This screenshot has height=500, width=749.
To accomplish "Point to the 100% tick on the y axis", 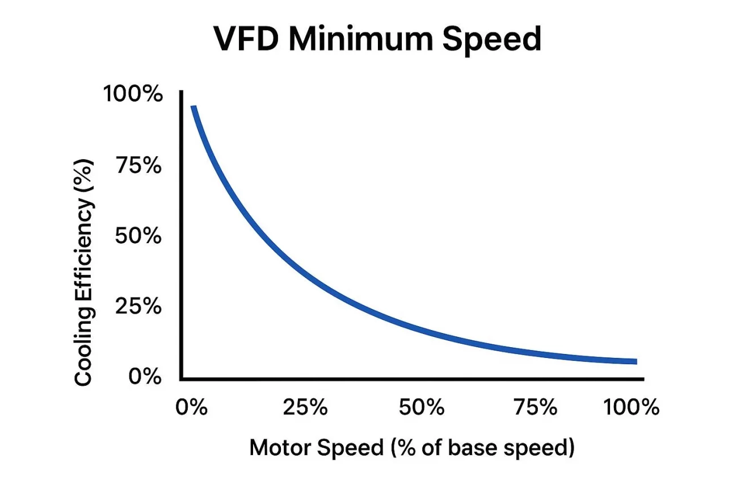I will (132, 94).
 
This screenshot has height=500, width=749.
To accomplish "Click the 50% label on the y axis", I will (138, 236).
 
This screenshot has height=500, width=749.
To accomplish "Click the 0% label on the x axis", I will (192, 408).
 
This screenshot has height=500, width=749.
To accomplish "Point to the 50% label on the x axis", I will (420, 408).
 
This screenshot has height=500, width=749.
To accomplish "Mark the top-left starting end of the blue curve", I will (193, 107).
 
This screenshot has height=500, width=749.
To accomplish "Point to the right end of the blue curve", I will (636, 361).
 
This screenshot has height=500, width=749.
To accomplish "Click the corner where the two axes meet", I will (181, 379).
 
